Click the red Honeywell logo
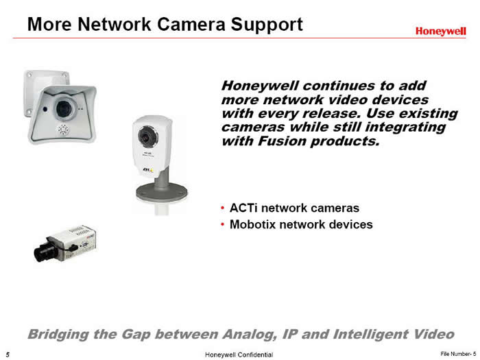coord(441,32)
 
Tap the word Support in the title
coord(267,25)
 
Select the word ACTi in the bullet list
coord(243,208)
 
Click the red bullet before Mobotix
coord(223,225)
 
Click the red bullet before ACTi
coord(223,208)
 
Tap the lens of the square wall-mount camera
coord(64,108)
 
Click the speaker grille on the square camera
coord(63,130)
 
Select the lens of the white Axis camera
coord(148,136)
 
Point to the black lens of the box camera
coord(43,253)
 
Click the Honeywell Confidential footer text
coord(239,355)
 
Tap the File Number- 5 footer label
coord(458,354)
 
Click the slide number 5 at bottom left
coord(8,355)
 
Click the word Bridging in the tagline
coord(58,335)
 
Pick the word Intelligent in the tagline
coord(370,335)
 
